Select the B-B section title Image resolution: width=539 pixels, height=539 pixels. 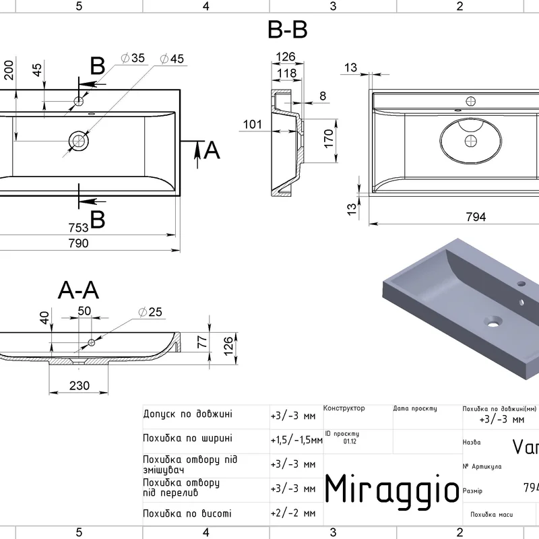tap(288, 30)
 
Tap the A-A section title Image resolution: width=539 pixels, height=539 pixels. tap(79, 290)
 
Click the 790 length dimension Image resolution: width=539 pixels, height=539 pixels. tap(78, 243)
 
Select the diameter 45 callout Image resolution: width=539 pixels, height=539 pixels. tap(172, 59)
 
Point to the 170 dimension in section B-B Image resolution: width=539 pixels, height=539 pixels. tap(329, 138)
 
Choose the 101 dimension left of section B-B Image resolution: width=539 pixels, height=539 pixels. tap(253, 125)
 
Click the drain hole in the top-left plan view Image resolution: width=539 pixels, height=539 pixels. tap(78, 140)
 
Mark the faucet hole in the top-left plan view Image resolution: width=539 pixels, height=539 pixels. tap(78, 102)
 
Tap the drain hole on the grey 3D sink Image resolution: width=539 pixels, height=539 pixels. tap(496, 323)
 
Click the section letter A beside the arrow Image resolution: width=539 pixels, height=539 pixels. tap(212, 150)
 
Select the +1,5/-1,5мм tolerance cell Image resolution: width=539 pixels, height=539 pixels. tap(296, 440)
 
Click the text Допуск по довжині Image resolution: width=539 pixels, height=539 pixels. tap(188, 414)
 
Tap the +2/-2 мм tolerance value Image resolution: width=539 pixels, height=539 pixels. tap(293, 513)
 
